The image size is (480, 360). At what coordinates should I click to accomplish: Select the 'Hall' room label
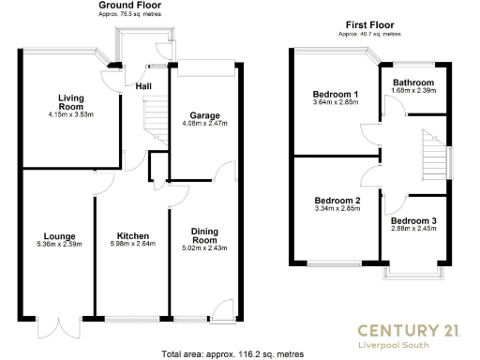(143, 86)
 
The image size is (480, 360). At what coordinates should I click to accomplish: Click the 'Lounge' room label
(58, 236)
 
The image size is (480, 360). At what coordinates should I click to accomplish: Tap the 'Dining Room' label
(203, 235)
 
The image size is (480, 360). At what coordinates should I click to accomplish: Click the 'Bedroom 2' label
(337, 201)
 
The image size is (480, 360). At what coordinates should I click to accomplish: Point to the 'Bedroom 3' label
(413, 220)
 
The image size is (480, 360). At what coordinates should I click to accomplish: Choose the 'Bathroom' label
(413, 82)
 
